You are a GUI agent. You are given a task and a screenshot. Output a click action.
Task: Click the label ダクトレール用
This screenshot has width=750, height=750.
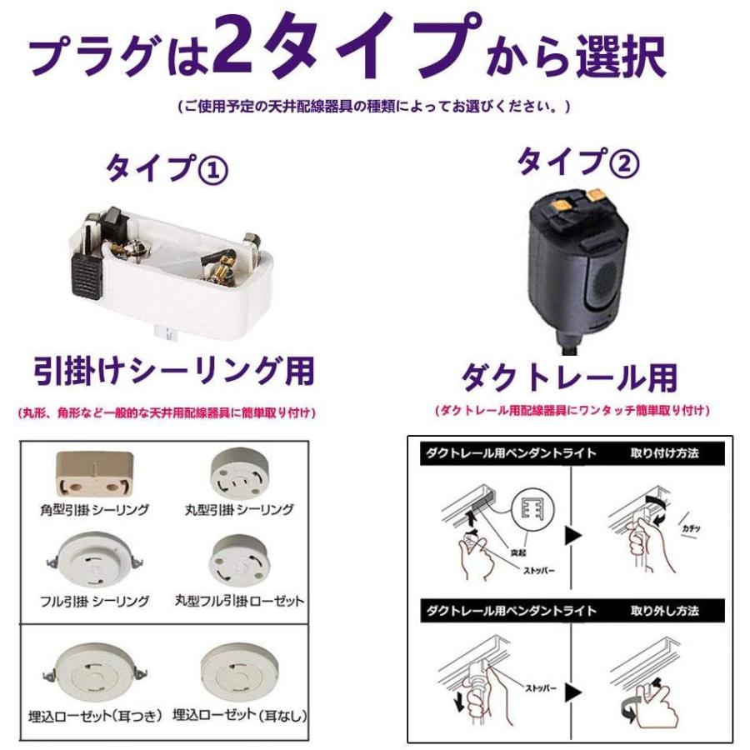(x=569, y=378)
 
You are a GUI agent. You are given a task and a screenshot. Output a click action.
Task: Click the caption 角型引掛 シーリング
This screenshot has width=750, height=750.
(x=94, y=509)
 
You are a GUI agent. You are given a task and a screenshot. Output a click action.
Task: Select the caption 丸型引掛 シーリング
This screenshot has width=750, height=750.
(x=239, y=509)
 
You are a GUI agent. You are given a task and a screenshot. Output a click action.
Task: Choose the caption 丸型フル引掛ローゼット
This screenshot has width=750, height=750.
(x=239, y=601)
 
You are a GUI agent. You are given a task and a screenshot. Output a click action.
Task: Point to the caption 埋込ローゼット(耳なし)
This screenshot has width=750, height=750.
(x=239, y=715)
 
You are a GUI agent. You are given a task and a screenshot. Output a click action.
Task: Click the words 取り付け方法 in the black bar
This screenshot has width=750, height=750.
(x=664, y=453)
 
